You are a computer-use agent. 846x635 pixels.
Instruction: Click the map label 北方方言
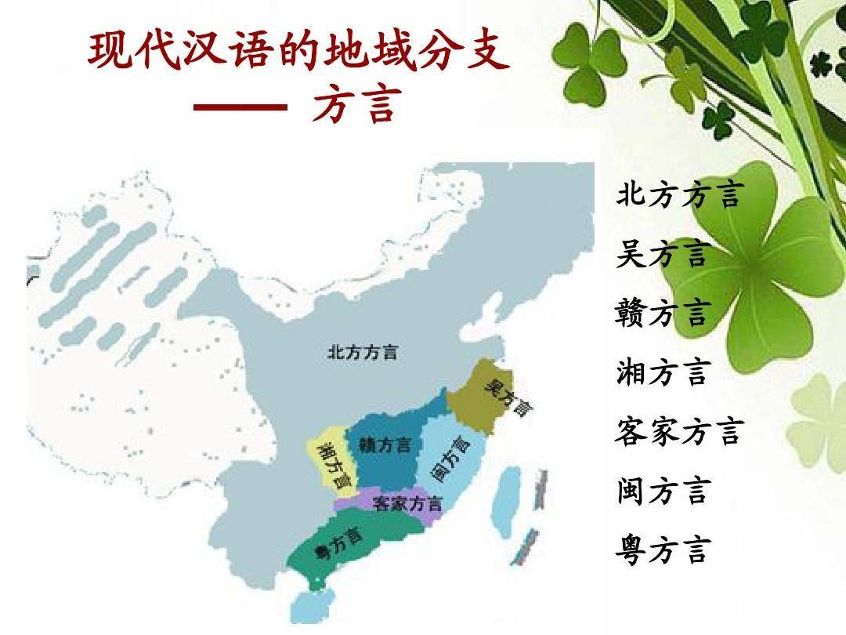tap(362, 352)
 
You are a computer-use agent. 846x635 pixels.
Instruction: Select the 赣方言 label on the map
tap(385, 445)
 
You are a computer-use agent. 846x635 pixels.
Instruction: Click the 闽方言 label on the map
tap(452, 459)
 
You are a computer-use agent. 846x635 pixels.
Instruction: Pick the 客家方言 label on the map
tap(407, 503)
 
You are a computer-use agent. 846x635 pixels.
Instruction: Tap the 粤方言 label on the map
tap(338, 545)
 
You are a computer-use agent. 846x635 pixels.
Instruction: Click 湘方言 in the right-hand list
tap(662, 372)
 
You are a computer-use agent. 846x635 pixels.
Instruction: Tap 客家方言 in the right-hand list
tap(678, 431)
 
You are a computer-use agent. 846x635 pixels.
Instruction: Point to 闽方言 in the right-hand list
tap(662, 491)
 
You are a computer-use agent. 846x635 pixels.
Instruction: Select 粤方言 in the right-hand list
tap(662, 550)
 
